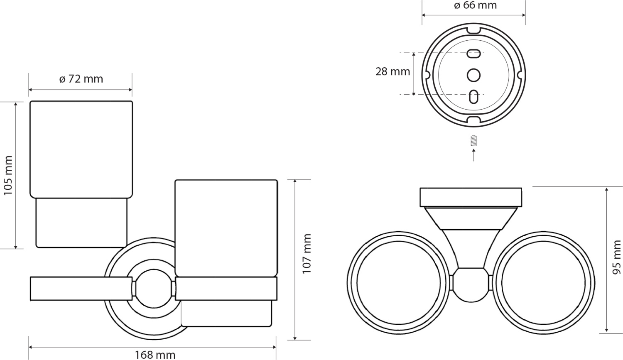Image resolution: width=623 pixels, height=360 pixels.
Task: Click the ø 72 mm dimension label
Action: click(x=81, y=79)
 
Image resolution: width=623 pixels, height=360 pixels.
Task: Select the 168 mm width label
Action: click(x=155, y=355)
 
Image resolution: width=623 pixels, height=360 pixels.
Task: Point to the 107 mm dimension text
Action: click(x=307, y=253)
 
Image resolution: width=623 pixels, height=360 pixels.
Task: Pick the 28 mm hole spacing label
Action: click(x=392, y=71)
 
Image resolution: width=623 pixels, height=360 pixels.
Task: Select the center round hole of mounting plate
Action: click(x=473, y=75)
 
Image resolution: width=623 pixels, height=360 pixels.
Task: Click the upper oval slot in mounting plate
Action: click(x=474, y=53)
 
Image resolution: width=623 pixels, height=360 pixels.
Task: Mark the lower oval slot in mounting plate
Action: click(x=473, y=96)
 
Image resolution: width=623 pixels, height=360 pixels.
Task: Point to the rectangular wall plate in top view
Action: click(x=471, y=197)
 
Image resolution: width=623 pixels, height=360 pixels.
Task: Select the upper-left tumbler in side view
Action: click(x=81, y=149)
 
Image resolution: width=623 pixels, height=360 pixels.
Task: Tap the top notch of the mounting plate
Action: click(x=473, y=30)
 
